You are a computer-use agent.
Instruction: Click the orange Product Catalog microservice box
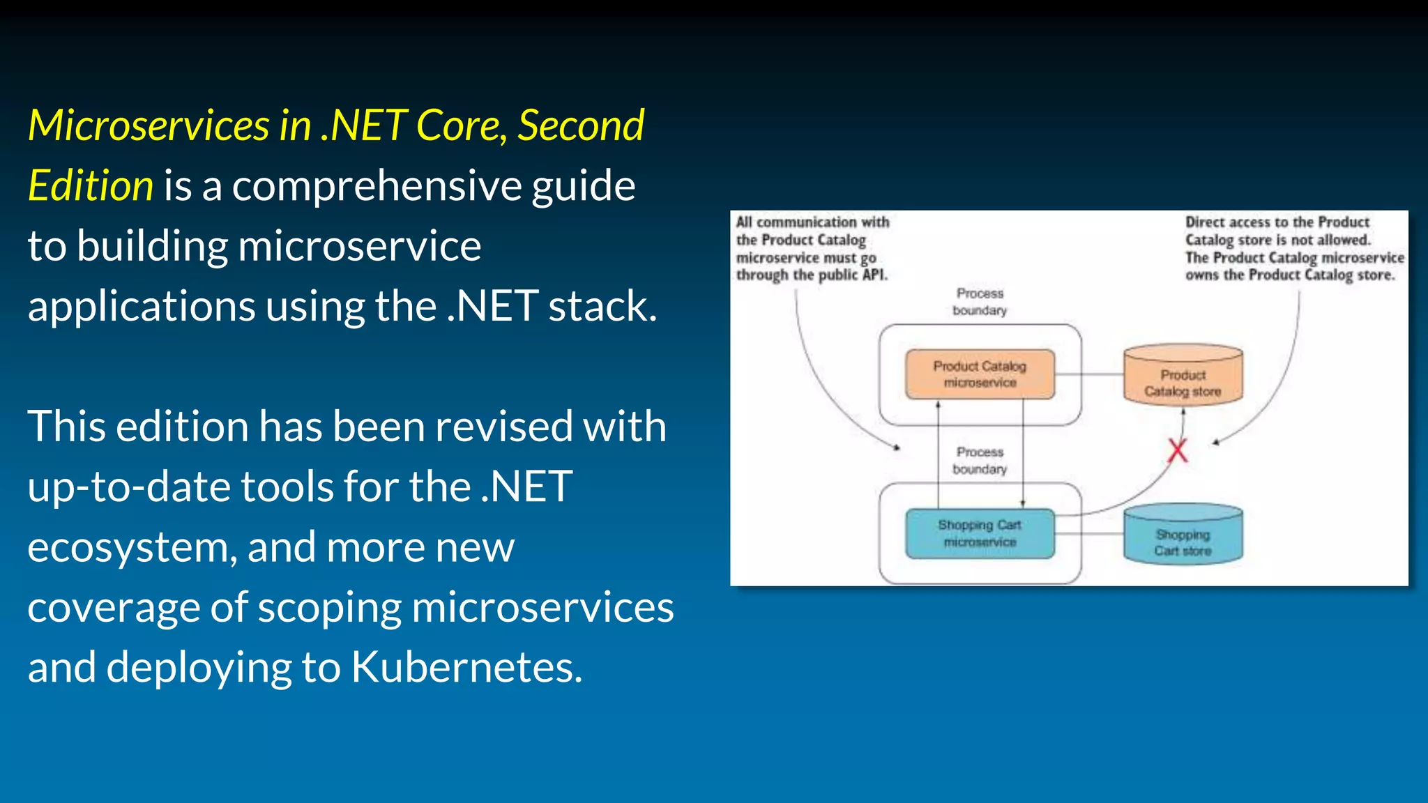[980, 374]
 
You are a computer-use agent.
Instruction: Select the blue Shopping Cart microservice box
[980, 533]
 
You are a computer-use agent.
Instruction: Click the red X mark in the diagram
[1178, 451]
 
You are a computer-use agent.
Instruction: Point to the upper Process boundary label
[980, 302]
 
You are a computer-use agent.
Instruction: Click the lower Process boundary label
[980, 461]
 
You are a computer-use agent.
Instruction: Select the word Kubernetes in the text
[466, 667]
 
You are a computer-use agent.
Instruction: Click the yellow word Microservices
[149, 126]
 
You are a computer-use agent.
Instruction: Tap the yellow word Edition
[91, 186]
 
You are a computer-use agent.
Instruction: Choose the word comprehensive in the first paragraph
[377, 186]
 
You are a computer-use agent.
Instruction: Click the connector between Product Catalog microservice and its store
[1088, 375]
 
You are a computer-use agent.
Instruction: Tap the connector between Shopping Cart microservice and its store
[1088, 534]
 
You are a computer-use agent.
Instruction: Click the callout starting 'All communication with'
[812, 249]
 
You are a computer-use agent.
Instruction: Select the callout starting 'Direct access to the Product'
[1294, 249]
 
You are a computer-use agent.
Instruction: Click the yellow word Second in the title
[581, 126]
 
